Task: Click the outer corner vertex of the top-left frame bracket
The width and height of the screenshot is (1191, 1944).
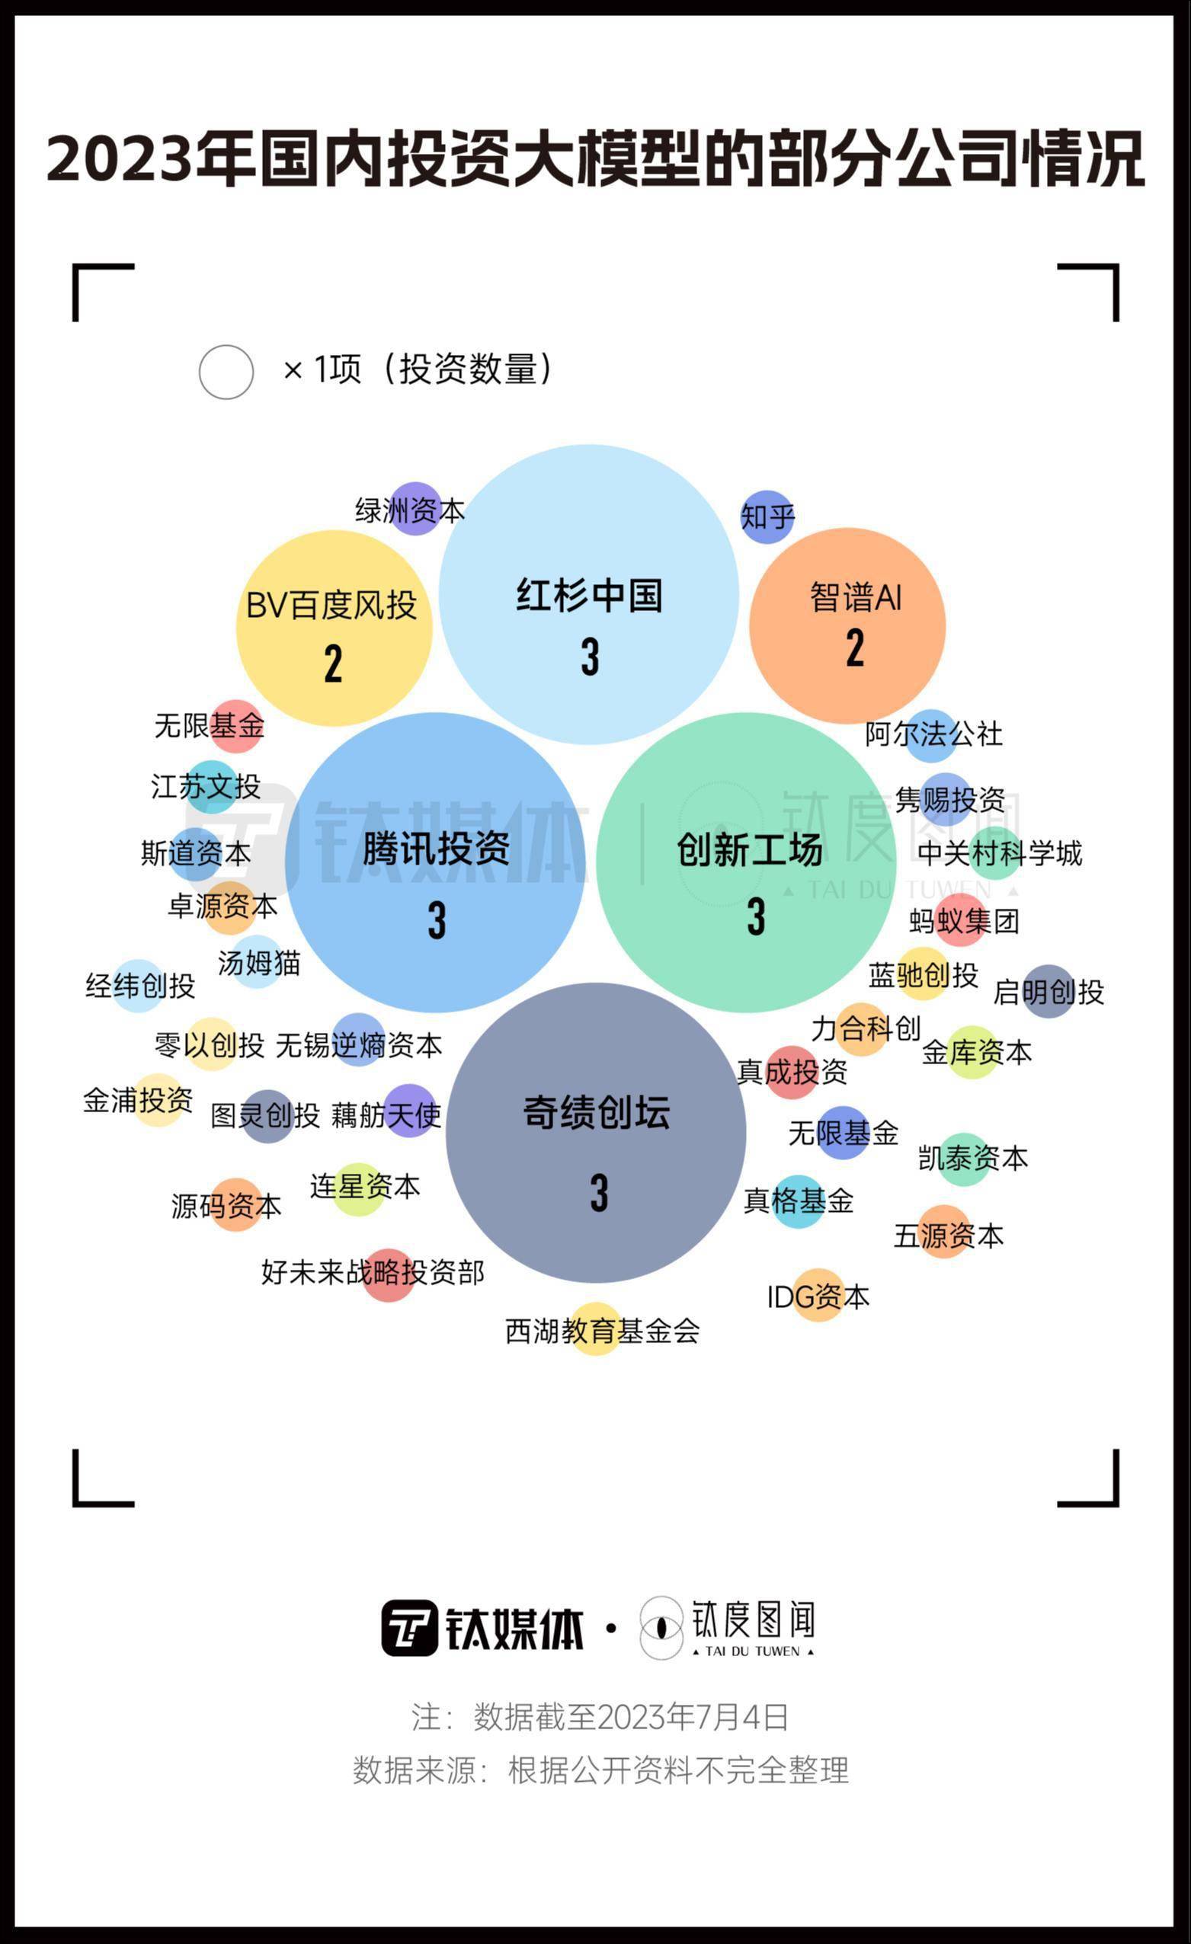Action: coord(74,266)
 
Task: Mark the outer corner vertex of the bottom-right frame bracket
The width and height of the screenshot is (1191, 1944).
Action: coord(1117,1504)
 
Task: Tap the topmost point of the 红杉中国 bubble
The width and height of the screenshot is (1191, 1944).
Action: coord(589,445)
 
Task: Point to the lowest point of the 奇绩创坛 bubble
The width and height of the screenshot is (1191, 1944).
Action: coord(596,1283)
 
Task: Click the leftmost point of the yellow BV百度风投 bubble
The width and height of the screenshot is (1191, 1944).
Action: coord(237,628)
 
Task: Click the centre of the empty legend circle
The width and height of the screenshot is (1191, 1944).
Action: coord(226,372)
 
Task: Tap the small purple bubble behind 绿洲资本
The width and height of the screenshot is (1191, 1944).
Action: coord(416,509)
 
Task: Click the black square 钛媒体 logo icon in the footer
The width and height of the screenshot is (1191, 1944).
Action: coord(410,1628)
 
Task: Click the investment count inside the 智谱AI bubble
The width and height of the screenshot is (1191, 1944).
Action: coord(855,648)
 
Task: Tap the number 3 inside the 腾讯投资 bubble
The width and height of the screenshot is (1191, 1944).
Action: coord(437,920)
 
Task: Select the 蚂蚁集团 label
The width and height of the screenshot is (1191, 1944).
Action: coord(964,921)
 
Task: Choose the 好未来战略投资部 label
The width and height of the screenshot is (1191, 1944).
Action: coord(373,1272)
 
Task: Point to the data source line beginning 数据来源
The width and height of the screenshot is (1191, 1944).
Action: coord(600,1770)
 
